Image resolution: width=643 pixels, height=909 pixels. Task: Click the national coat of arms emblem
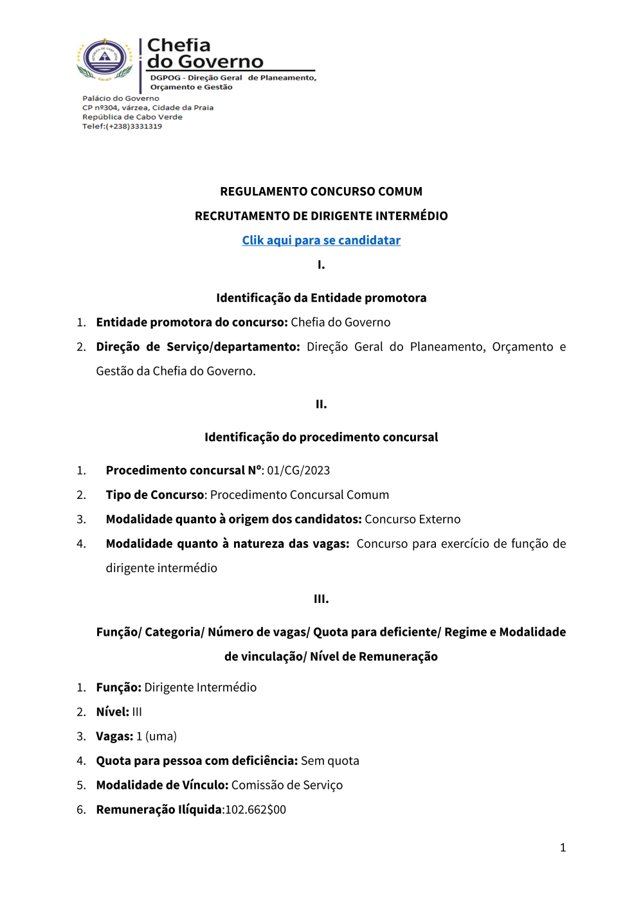105,59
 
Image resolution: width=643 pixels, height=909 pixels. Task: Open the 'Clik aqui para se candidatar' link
321,240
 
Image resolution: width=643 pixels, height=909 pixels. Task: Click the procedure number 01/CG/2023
298,471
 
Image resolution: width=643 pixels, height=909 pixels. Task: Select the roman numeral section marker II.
321,404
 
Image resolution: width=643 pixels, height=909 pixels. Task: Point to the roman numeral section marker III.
321,599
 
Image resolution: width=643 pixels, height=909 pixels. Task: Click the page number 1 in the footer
563,848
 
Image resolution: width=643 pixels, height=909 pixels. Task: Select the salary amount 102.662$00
256,810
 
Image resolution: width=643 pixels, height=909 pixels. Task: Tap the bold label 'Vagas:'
114,737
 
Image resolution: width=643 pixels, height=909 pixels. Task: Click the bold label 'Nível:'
113,712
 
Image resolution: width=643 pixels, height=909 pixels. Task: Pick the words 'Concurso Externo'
412,519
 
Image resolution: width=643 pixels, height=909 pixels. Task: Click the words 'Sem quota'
330,761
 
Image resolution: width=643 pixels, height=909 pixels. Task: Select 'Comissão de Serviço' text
287,786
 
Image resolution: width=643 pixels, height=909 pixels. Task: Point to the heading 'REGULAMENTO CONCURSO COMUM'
321,192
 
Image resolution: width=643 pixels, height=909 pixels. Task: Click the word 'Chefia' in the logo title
179,46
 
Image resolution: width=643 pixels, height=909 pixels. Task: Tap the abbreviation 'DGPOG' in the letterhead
165,78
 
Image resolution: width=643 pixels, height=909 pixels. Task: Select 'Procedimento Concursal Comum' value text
299,495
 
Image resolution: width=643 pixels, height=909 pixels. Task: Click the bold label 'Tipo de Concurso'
155,495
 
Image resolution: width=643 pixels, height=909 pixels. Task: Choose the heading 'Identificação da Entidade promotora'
321,298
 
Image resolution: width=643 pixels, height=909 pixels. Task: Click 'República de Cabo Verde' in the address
132,117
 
